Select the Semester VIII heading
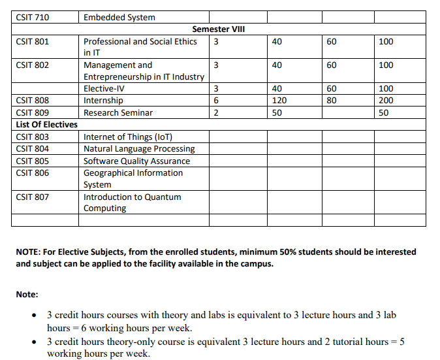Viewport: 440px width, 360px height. (x=219, y=29)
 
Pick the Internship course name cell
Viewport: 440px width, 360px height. (x=103, y=101)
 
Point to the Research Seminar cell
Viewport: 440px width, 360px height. (x=118, y=113)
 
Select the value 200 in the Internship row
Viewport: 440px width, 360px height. (x=386, y=101)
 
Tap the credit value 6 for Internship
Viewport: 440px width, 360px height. (x=215, y=101)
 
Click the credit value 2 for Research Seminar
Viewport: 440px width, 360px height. (x=215, y=113)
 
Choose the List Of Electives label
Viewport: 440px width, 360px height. (x=46, y=125)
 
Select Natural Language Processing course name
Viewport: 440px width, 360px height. (x=139, y=149)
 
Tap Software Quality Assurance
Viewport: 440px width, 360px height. (x=136, y=161)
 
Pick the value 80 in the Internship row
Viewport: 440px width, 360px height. (x=332, y=101)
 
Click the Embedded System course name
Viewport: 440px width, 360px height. (x=119, y=17)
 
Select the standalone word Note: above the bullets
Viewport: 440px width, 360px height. (x=27, y=295)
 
